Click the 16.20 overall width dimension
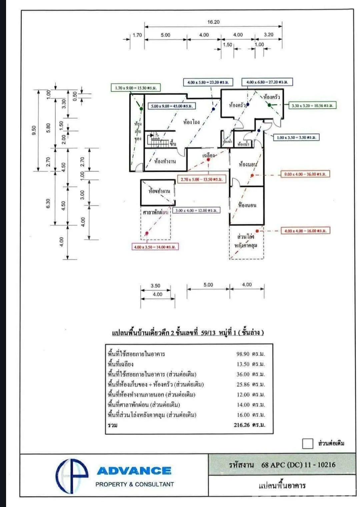click(213, 22)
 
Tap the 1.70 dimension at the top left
click(137, 35)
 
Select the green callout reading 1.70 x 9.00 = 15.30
click(136, 88)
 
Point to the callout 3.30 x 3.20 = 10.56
click(312, 106)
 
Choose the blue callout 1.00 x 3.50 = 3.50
click(296, 137)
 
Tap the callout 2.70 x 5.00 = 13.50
click(201, 179)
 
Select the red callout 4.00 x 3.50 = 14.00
click(154, 247)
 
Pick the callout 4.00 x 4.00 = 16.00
click(305, 231)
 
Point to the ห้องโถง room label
click(191, 122)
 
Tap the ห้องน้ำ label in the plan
click(244, 144)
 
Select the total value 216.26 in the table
click(249, 425)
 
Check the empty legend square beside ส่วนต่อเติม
click(308, 444)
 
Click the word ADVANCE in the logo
click(134, 471)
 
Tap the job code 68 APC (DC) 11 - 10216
click(298, 465)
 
